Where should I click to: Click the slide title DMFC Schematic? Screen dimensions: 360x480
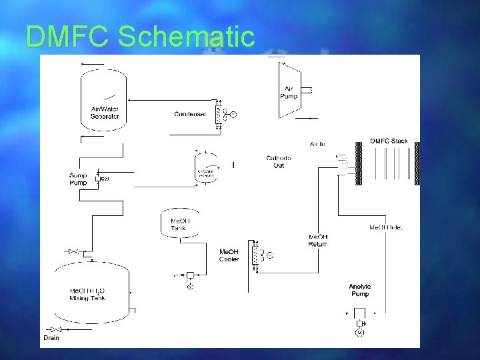click(x=140, y=37)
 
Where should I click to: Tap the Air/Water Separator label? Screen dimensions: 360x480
click(x=105, y=113)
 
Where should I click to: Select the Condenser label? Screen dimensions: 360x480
click(x=190, y=114)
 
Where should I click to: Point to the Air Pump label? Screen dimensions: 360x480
click(x=289, y=93)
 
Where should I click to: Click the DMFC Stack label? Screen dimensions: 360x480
click(x=389, y=141)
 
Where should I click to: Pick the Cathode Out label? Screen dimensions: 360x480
click(x=279, y=161)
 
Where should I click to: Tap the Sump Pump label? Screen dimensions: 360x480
click(x=78, y=179)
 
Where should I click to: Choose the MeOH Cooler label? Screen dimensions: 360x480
click(x=229, y=255)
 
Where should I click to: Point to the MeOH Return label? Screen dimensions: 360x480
click(x=318, y=240)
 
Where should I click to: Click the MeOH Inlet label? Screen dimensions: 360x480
click(x=386, y=228)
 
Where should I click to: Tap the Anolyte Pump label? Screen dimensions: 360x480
click(x=359, y=290)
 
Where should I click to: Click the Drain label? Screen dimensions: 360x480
click(x=51, y=338)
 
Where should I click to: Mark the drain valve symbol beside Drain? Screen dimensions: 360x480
click(x=56, y=329)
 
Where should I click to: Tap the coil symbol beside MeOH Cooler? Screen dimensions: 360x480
click(x=255, y=255)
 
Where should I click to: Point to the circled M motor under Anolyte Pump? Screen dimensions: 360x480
click(x=359, y=333)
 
